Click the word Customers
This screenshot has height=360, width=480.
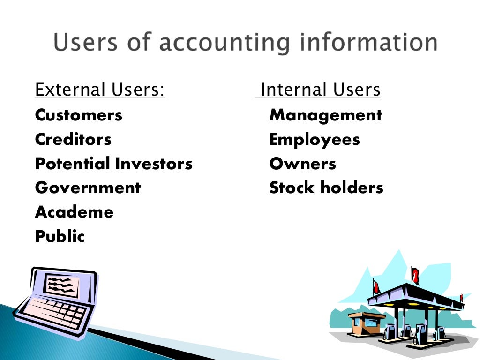(x=78, y=115)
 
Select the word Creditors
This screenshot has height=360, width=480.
(x=73, y=140)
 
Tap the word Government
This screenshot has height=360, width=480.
(x=88, y=188)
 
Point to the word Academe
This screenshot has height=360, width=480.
(x=74, y=212)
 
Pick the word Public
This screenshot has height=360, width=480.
(x=60, y=237)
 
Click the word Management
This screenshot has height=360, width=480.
(x=326, y=115)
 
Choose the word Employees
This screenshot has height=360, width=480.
(x=315, y=140)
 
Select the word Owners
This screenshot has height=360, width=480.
(x=302, y=164)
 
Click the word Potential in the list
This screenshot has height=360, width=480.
(x=73, y=164)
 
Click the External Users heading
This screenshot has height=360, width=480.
(x=100, y=90)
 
